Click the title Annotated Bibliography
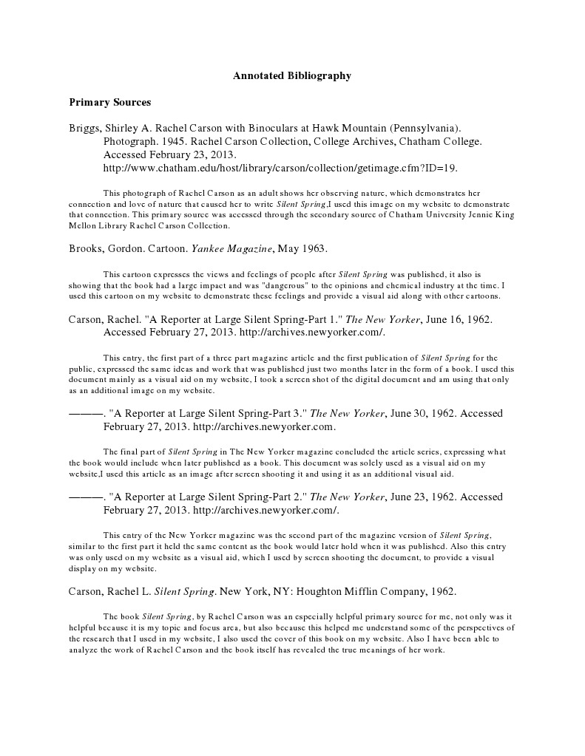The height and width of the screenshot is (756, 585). click(x=292, y=75)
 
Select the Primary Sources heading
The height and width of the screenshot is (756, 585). click(x=109, y=101)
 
